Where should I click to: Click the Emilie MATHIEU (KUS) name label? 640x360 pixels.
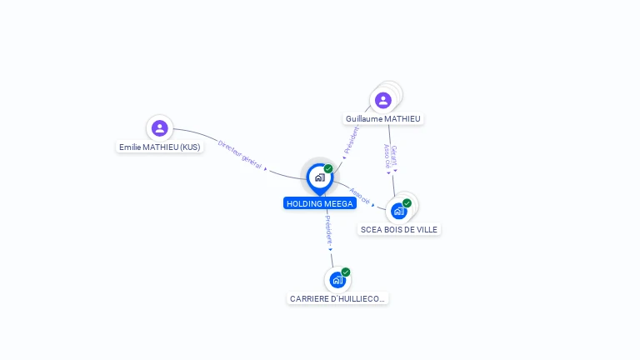159,147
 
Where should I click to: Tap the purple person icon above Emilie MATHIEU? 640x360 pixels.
159,128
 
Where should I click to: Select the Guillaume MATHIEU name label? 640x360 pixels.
383,119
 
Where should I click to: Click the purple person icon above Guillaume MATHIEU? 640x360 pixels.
382,101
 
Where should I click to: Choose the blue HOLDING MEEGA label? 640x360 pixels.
320,203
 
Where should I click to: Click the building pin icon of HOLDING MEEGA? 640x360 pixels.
319,177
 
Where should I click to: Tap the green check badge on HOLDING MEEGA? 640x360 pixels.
328,169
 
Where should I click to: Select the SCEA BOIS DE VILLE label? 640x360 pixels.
399,229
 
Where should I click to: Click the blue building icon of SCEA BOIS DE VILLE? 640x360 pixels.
398,211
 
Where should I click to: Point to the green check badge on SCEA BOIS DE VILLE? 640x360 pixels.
407,203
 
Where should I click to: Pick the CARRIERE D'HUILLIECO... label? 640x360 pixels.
337,298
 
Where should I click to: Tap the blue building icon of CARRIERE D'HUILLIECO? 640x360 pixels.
337,280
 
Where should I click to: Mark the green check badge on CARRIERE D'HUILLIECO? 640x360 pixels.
346,272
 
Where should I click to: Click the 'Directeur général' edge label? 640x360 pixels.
240,155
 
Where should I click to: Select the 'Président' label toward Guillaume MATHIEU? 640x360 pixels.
352,138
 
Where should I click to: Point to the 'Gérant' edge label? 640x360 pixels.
394,155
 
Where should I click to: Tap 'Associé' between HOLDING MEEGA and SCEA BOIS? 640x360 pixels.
360,195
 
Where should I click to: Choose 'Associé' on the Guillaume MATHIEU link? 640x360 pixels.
387,157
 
